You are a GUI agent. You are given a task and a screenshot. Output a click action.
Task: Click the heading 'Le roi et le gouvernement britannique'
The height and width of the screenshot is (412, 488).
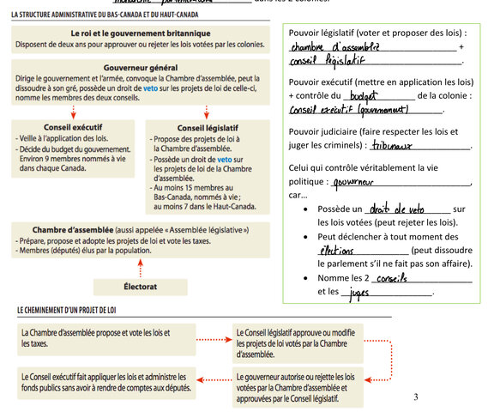point(140,33)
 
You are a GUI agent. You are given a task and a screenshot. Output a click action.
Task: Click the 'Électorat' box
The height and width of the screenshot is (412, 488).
point(140,287)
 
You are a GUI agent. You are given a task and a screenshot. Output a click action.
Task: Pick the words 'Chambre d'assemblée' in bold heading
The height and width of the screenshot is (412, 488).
point(73,230)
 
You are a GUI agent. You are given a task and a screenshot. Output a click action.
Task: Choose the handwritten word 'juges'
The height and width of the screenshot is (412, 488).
point(359,294)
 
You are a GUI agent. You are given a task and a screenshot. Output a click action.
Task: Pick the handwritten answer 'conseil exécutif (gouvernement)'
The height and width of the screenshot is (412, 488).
point(348,111)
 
